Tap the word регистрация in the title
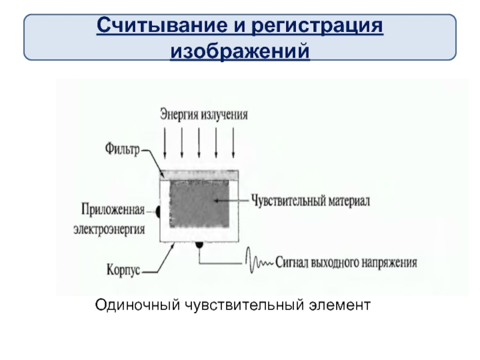(x=317, y=26)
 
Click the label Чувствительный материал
(x=310, y=200)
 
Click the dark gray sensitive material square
(x=199, y=204)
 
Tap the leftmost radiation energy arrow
(x=165, y=143)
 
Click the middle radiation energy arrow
(x=199, y=143)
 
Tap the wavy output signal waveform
(x=259, y=263)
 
